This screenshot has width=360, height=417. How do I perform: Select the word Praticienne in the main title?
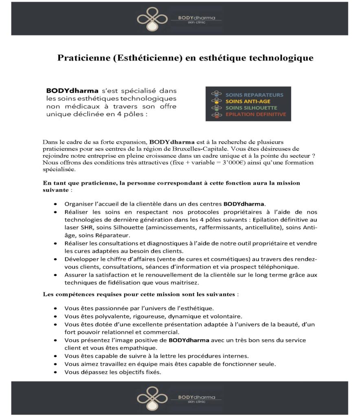(80, 58)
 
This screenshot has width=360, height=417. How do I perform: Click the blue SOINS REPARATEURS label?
(254, 95)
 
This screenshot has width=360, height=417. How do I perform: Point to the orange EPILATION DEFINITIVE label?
(255, 114)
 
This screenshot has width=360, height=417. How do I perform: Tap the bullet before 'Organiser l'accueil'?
(55, 203)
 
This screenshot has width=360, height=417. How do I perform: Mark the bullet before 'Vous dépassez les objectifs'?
(55, 372)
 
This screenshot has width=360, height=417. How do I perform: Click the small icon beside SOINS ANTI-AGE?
(214, 101)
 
